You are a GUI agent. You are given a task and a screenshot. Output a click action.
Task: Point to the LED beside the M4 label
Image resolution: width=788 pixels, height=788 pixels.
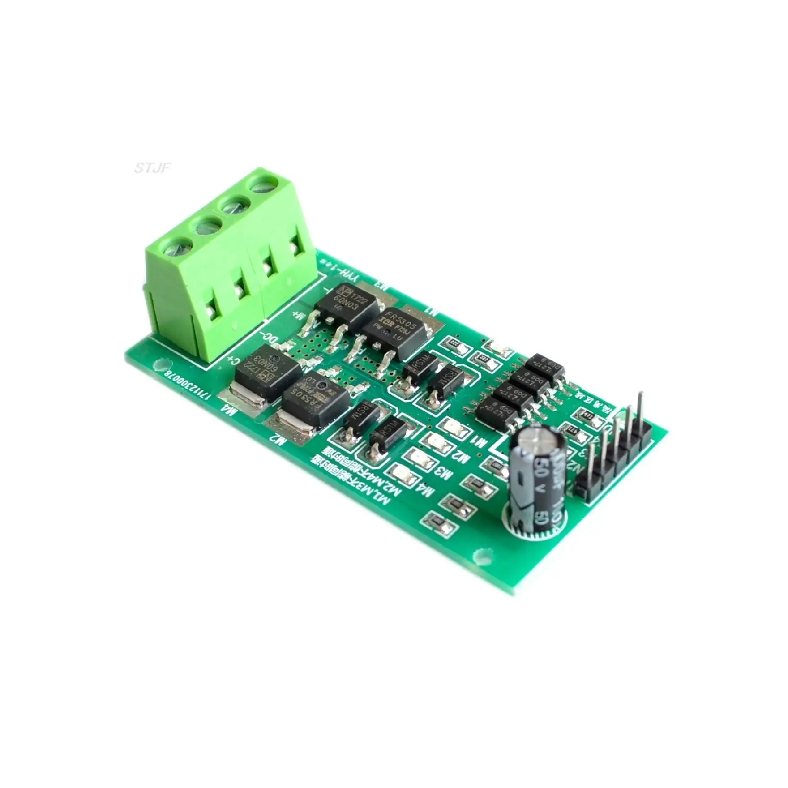coord(399,472)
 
